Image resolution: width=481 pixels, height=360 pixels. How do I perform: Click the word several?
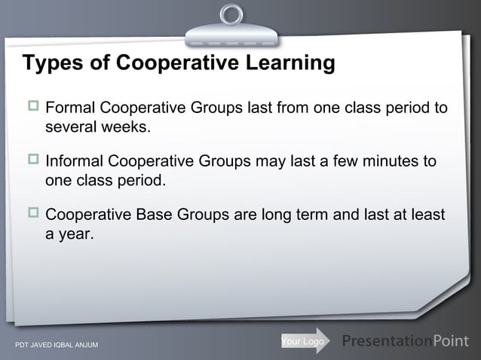point(71,127)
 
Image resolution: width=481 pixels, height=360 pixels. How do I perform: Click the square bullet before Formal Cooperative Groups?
point(33,109)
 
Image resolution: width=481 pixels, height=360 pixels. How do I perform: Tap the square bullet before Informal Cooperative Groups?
point(33,163)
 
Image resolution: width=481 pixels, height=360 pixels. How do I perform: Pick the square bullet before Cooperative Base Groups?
point(33,216)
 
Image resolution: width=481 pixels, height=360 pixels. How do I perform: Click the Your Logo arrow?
point(305,342)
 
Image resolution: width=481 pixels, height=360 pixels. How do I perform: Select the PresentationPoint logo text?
point(405,341)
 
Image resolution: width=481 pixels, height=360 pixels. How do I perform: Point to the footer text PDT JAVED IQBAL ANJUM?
point(51,346)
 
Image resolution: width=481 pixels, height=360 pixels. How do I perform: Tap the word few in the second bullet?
point(348,162)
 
